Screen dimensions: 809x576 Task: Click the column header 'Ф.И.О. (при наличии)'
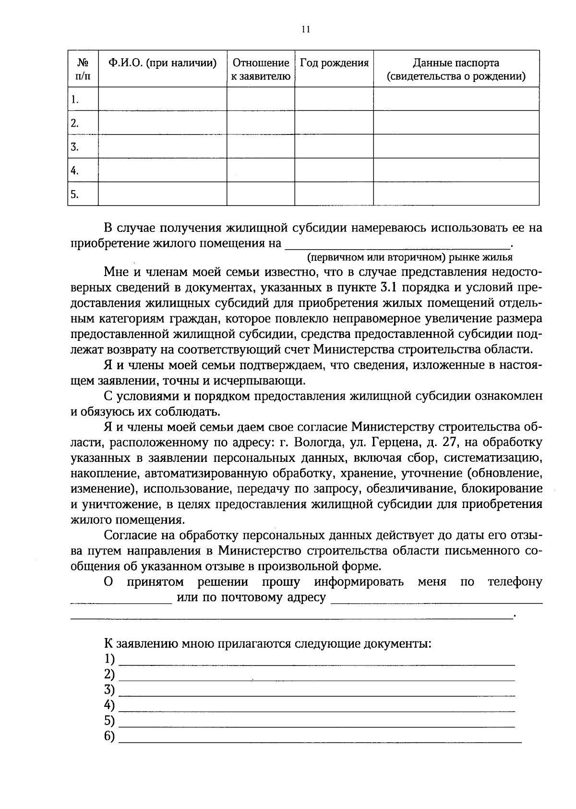pyautogui.click(x=162, y=63)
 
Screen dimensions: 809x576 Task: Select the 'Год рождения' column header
pyautogui.click(x=334, y=63)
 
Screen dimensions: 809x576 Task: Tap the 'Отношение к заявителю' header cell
pyautogui.click(x=261, y=70)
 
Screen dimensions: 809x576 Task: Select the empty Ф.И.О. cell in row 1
pyautogui.click(x=162, y=99)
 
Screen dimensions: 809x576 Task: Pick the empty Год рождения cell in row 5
pyautogui.click(x=334, y=194)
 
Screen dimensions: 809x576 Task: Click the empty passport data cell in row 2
pyautogui.click(x=456, y=123)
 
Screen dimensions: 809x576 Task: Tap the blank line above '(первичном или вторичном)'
pyautogui.click(x=398, y=246)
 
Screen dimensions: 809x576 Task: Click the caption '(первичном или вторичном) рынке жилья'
pyautogui.click(x=410, y=257)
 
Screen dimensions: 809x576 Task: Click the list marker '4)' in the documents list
pyautogui.click(x=109, y=705)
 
